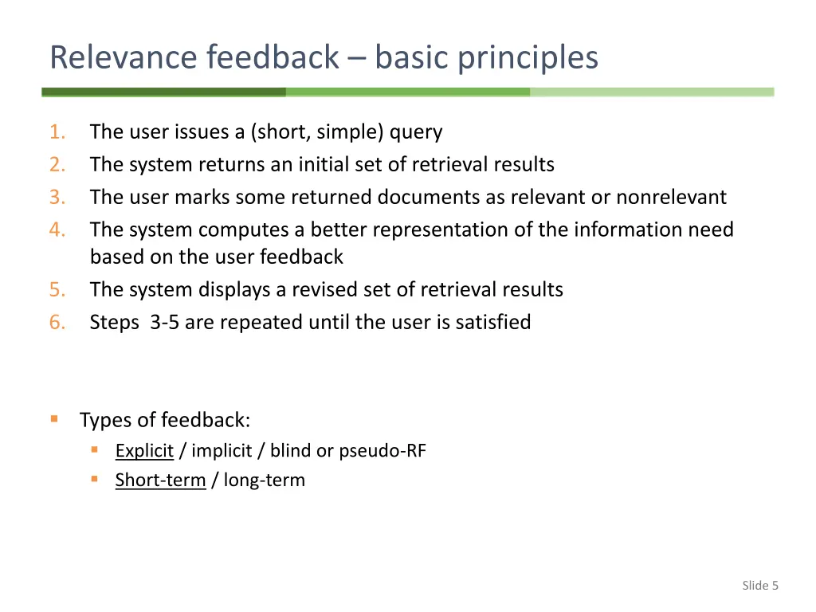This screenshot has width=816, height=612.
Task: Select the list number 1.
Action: [x=57, y=131]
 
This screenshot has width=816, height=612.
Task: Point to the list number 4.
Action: [x=57, y=229]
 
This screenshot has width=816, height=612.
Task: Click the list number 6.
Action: [x=57, y=322]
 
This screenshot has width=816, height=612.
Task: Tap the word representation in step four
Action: [x=449, y=229]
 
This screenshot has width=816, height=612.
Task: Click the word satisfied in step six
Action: [x=492, y=322]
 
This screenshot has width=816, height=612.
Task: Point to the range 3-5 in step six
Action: [x=165, y=322]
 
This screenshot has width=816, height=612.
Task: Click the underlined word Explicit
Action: [x=144, y=450]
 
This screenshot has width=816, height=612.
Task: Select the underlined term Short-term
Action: [x=160, y=480]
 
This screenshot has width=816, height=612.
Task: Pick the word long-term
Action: [x=264, y=480]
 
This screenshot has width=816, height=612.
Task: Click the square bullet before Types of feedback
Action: [x=54, y=418]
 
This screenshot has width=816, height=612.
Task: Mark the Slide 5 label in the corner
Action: [x=759, y=586]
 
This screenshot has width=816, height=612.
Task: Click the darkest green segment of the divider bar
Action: [x=163, y=92]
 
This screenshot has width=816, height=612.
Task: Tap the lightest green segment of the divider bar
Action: [x=652, y=92]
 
